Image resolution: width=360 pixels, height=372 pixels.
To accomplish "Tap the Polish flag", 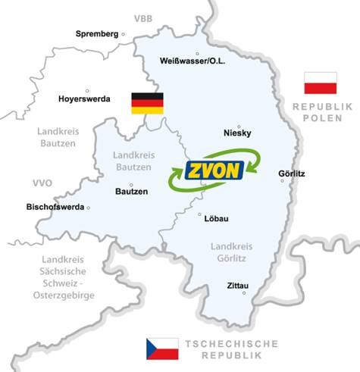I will point(320,83).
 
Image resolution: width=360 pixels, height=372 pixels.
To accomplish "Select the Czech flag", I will point(162,349).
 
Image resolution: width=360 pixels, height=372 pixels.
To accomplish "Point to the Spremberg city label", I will point(98,33).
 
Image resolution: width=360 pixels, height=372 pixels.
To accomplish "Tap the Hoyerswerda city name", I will point(85,98).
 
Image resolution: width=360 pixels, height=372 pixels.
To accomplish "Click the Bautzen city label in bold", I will point(131,192).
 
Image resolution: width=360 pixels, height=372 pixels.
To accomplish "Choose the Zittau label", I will point(239,286).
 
